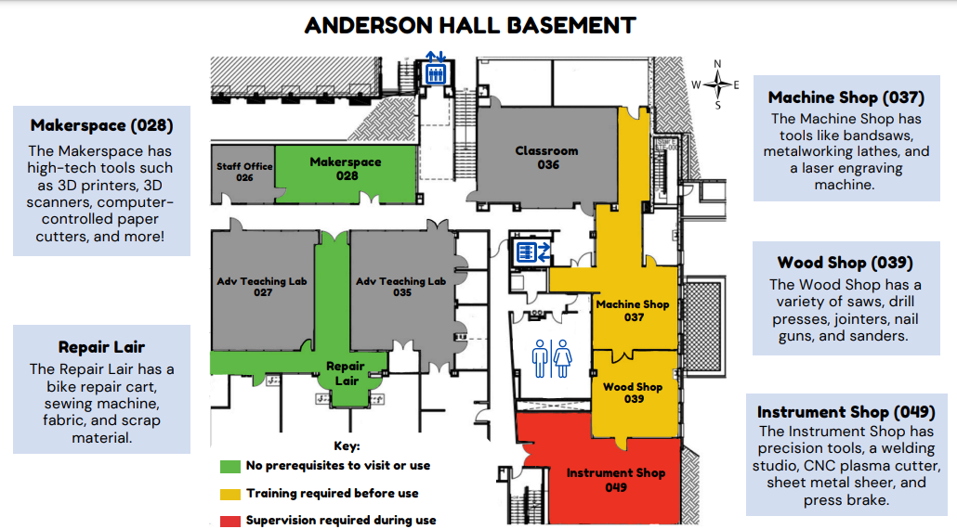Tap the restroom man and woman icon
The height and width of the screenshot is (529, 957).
click(551, 358)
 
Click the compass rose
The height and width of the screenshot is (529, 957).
click(717, 84)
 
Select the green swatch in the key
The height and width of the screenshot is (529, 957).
click(230, 466)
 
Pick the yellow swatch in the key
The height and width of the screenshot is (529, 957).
click(230, 494)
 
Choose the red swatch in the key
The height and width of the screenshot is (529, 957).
click(230, 521)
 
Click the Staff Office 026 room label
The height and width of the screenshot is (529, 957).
click(244, 172)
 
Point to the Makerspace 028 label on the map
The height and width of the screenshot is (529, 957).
click(346, 169)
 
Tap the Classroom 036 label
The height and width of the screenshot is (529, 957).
click(547, 157)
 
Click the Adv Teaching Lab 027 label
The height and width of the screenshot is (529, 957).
click(262, 287)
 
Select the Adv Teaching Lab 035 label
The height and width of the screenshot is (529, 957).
click(401, 287)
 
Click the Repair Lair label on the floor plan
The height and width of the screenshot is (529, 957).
click(346, 373)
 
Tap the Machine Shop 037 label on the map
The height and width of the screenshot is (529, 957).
click(633, 310)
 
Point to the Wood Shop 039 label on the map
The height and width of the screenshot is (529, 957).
click(633, 393)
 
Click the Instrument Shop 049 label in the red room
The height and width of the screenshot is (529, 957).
click(616, 480)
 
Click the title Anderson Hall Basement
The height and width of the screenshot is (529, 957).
click(470, 26)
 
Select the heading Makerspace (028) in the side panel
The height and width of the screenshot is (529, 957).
click(102, 125)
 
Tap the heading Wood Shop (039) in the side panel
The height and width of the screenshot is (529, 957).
click(846, 263)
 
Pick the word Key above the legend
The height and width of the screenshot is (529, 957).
click(347, 446)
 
